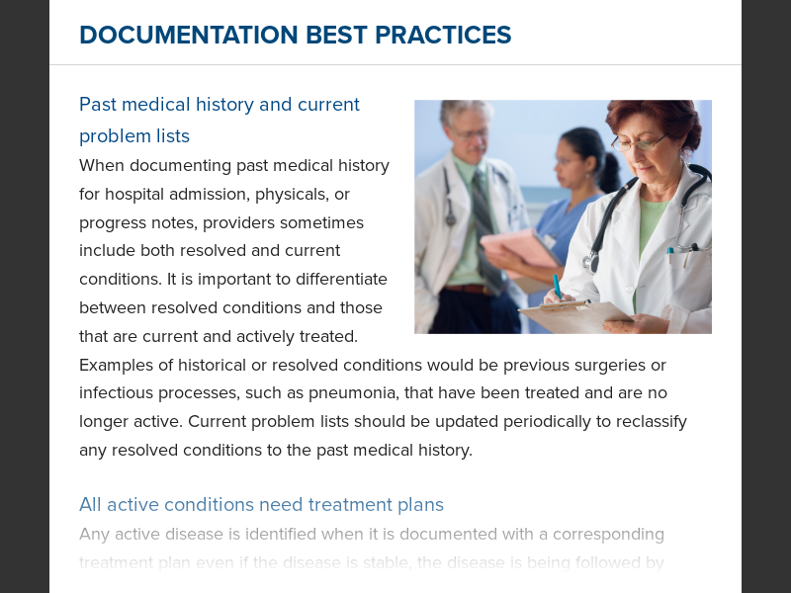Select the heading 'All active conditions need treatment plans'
261,505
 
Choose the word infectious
116,393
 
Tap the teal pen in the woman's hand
558,287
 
